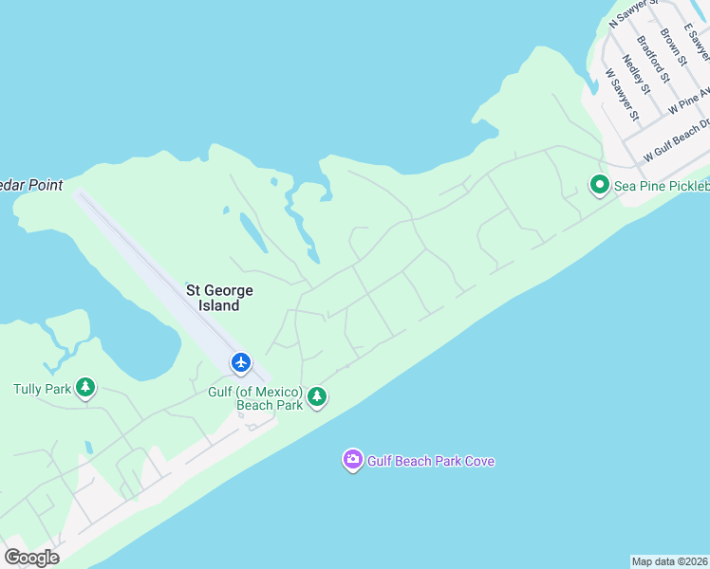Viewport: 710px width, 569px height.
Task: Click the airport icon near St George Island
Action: pos(241,362)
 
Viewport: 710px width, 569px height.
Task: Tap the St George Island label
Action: pos(219,298)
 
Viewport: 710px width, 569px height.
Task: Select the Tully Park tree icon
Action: pos(85,387)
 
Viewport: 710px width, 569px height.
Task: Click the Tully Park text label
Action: pos(42,389)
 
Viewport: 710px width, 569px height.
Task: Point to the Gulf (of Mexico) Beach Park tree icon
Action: pos(317,397)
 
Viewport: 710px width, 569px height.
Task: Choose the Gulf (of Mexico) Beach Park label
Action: pos(255,398)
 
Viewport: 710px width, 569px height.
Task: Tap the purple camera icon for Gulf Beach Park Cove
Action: pos(352,461)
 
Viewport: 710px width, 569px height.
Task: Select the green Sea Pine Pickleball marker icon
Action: pos(599,185)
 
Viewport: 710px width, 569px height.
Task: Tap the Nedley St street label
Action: pos(636,75)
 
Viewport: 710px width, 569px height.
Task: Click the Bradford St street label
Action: pos(654,59)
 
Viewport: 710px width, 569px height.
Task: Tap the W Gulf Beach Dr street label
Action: pos(677,140)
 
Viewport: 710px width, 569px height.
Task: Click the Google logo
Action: pos(32,558)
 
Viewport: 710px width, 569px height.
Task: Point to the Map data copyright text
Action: pos(670,561)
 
